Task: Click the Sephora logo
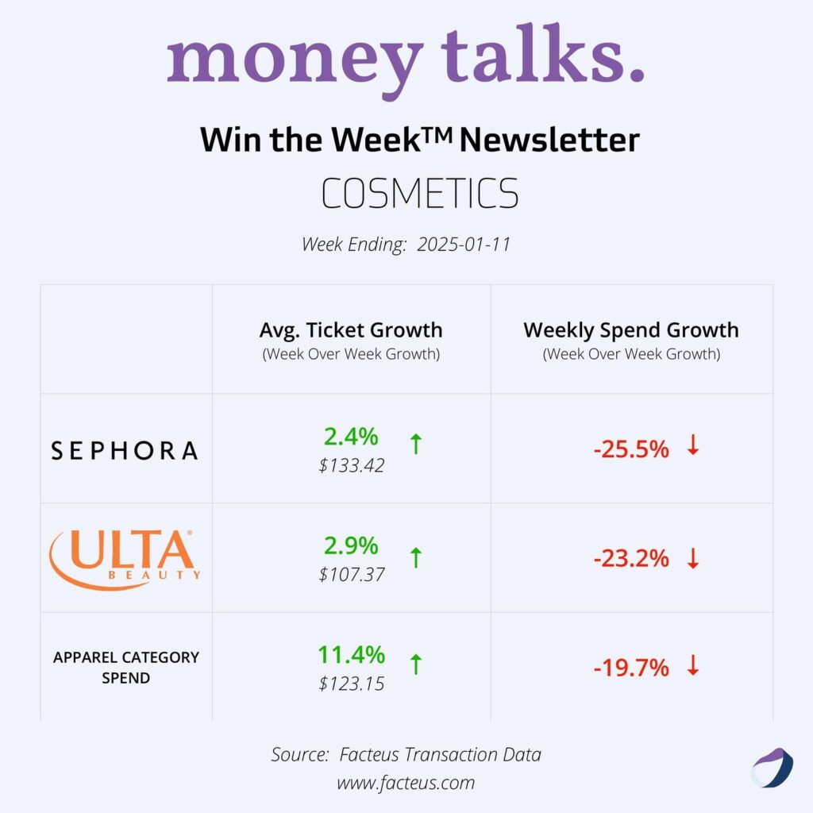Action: [125, 451]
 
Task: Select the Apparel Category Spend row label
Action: [126, 668]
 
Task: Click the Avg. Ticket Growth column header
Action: [351, 330]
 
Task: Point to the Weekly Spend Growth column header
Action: [631, 330]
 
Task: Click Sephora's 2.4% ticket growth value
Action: [351, 436]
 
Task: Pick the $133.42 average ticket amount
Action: [352, 465]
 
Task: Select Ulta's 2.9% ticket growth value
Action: [351, 545]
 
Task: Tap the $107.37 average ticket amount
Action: [352, 574]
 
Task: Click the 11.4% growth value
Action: [351, 655]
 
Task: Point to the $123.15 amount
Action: [352, 683]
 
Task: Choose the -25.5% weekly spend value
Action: [631, 449]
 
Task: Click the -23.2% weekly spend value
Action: [631, 559]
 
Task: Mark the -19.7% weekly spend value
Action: [631, 669]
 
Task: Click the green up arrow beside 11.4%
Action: [415, 665]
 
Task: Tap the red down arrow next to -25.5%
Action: [693, 446]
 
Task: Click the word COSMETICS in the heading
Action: [419, 194]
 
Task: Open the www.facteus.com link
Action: [406, 783]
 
